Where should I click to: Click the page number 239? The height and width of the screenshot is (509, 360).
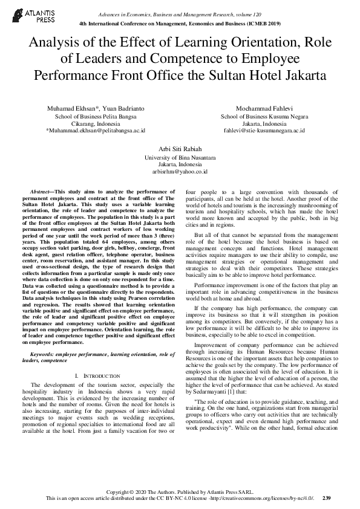(327, 498)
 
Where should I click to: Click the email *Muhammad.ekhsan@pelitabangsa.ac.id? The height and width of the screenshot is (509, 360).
(96, 130)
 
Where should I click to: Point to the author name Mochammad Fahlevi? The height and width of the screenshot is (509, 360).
(264, 108)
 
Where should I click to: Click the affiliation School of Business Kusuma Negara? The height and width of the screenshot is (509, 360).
(264, 115)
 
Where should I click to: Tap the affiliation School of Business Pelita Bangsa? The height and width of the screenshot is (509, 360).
(96, 115)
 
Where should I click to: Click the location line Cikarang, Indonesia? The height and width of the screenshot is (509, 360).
(96, 123)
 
